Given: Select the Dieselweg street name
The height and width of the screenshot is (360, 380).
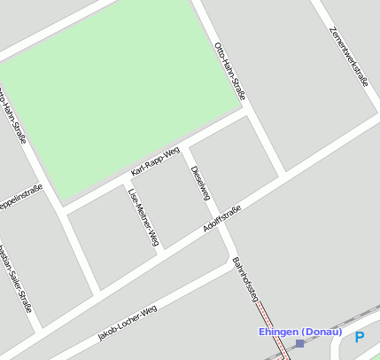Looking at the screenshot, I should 200,181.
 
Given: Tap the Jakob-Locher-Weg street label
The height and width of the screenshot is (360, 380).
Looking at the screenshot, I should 128,324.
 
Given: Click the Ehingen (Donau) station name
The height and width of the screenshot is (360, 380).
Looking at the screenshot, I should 299,332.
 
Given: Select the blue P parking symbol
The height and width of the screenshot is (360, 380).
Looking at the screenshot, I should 359,337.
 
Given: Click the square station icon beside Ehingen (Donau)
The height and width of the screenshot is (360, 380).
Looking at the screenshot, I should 300,343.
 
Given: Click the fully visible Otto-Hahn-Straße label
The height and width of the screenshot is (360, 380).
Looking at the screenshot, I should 230,70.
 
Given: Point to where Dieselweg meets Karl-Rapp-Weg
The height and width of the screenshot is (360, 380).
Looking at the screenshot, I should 183,150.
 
